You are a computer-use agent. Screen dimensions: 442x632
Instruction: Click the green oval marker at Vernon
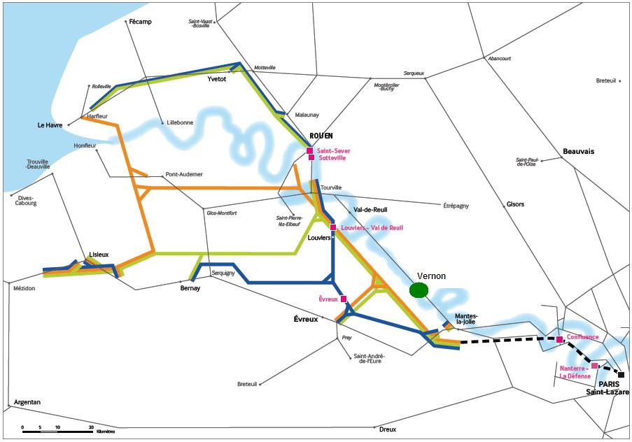click(419, 290)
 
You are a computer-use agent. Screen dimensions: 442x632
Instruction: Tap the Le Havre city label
click(50, 125)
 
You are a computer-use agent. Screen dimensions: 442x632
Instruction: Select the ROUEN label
click(321, 136)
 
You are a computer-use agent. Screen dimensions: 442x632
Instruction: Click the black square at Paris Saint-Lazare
click(621, 375)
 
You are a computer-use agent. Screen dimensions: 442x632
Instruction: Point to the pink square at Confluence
click(559, 340)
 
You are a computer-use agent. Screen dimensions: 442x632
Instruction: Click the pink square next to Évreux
click(343, 299)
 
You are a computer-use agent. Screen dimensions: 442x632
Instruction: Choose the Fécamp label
click(140, 22)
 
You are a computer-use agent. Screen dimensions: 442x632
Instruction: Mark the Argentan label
click(27, 402)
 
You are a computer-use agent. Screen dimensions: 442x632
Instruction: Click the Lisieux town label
click(99, 255)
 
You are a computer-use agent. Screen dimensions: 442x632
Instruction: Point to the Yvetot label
click(217, 79)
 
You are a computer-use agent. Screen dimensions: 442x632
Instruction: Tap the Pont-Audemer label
click(182, 175)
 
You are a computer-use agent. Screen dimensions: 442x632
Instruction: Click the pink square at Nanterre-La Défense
click(594, 366)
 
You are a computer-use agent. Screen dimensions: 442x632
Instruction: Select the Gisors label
click(514, 205)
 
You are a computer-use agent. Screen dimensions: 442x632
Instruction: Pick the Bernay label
click(190, 287)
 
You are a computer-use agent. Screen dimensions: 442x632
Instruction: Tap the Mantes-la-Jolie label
click(466, 319)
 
